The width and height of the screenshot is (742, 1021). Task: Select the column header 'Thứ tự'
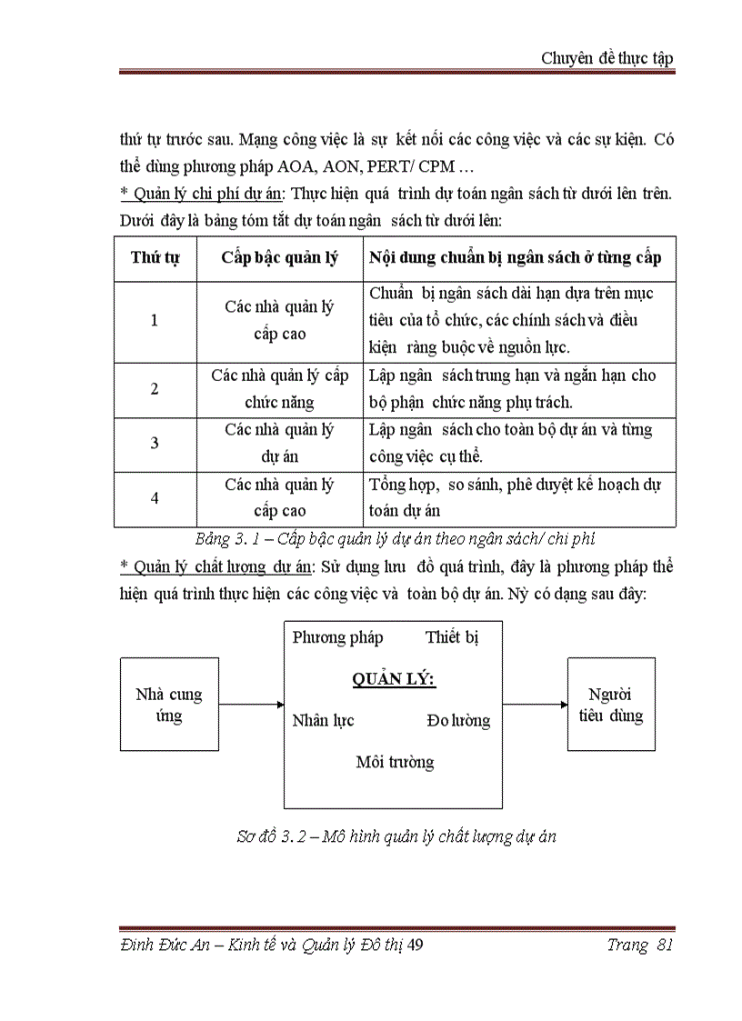pyautogui.click(x=155, y=257)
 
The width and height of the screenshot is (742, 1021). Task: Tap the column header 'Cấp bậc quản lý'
pyautogui.click(x=279, y=257)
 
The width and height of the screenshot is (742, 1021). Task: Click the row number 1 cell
pyautogui.click(x=155, y=320)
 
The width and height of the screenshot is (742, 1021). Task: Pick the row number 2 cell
pyautogui.click(x=155, y=389)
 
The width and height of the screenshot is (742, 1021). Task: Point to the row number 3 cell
pyautogui.click(x=155, y=444)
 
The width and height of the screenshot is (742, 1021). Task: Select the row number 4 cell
pyautogui.click(x=155, y=498)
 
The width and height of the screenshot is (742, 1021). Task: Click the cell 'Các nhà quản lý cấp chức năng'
pyautogui.click(x=279, y=389)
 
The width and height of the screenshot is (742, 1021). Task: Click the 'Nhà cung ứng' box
pyautogui.click(x=169, y=705)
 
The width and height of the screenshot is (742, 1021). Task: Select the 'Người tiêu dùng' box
pyautogui.click(x=611, y=705)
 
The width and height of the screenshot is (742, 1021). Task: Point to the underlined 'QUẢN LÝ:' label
pyautogui.click(x=393, y=679)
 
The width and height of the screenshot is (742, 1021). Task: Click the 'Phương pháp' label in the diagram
pyautogui.click(x=337, y=637)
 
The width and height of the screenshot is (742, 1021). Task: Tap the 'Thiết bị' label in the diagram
pyautogui.click(x=452, y=637)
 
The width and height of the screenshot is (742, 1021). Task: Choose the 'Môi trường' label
pyautogui.click(x=395, y=762)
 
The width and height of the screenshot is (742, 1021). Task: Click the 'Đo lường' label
pyautogui.click(x=458, y=721)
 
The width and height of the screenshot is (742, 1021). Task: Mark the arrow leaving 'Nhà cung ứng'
pyautogui.click(x=252, y=704)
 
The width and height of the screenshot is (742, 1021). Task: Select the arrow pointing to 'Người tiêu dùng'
pyautogui.click(x=535, y=704)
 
